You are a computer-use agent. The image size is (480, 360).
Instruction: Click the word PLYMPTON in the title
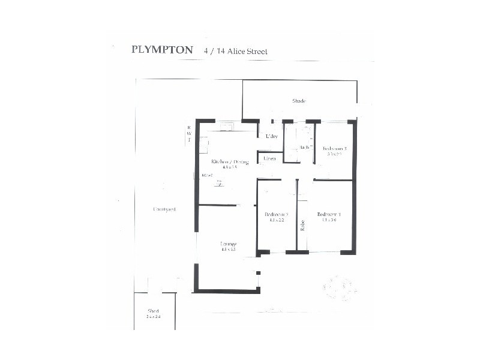click(162, 50)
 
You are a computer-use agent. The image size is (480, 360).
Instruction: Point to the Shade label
click(299, 101)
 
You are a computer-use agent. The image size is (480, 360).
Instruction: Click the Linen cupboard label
click(269, 158)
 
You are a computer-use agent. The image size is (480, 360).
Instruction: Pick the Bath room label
click(305, 147)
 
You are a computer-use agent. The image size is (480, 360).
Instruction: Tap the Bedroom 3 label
click(334, 148)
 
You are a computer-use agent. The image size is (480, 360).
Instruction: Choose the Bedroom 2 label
click(277, 214)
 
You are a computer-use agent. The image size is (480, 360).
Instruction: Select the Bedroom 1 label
click(329, 214)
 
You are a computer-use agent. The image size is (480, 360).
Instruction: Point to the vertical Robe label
click(302, 225)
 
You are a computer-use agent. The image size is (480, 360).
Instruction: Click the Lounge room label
click(228, 244)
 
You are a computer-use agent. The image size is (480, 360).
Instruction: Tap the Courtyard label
click(164, 209)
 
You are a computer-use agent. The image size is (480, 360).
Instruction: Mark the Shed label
click(154, 310)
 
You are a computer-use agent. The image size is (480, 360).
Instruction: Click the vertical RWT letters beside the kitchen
click(189, 134)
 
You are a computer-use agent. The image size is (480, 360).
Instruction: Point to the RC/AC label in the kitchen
click(208, 175)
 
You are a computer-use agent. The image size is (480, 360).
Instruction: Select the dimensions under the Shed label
click(154, 316)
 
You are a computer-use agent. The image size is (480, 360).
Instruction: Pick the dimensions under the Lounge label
click(228, 249)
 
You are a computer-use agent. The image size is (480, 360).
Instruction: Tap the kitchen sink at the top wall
click(227, 127)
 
